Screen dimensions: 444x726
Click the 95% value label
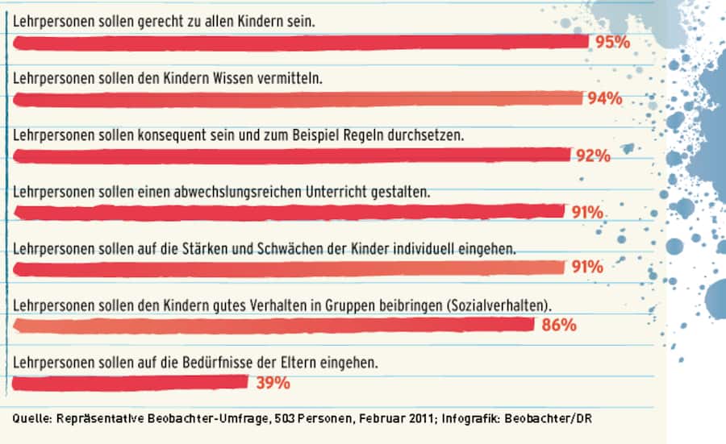point(612,42)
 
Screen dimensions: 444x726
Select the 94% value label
point(604,98)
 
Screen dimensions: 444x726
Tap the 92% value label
point(593,156)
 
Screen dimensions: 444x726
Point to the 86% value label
point(558,326)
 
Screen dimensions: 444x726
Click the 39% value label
point(273,383)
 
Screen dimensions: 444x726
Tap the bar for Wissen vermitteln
point(298,98)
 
